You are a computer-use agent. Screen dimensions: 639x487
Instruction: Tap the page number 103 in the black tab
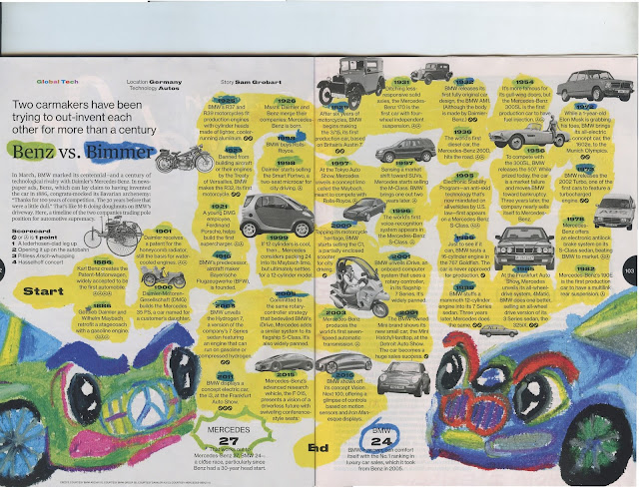click(629, 270)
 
